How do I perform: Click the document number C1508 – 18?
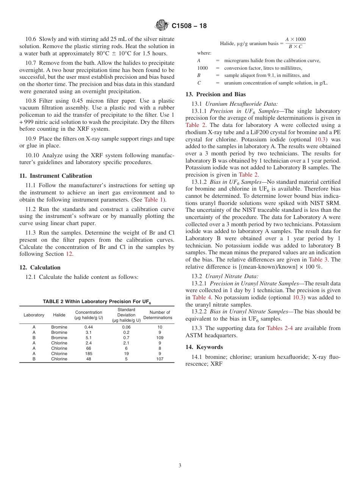click(189, 26)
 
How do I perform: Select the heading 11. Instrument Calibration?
click(55, 176)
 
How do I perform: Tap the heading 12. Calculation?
click(40, 268)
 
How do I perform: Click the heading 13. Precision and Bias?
click(215, 94)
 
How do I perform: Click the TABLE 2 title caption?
click(97, 302)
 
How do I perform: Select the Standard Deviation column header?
click(126, 315)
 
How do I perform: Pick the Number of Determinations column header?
click(158, 315)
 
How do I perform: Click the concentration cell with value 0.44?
click(89, 327)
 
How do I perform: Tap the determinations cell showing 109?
click(160, 338)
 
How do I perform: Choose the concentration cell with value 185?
click(89, 354)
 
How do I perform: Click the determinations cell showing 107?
click(160, 359)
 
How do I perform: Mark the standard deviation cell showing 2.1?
click(126, 343)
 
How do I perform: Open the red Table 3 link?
click(315, 260)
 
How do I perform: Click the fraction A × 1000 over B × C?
click(295, 43)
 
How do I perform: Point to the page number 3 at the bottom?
click(180, 466)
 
